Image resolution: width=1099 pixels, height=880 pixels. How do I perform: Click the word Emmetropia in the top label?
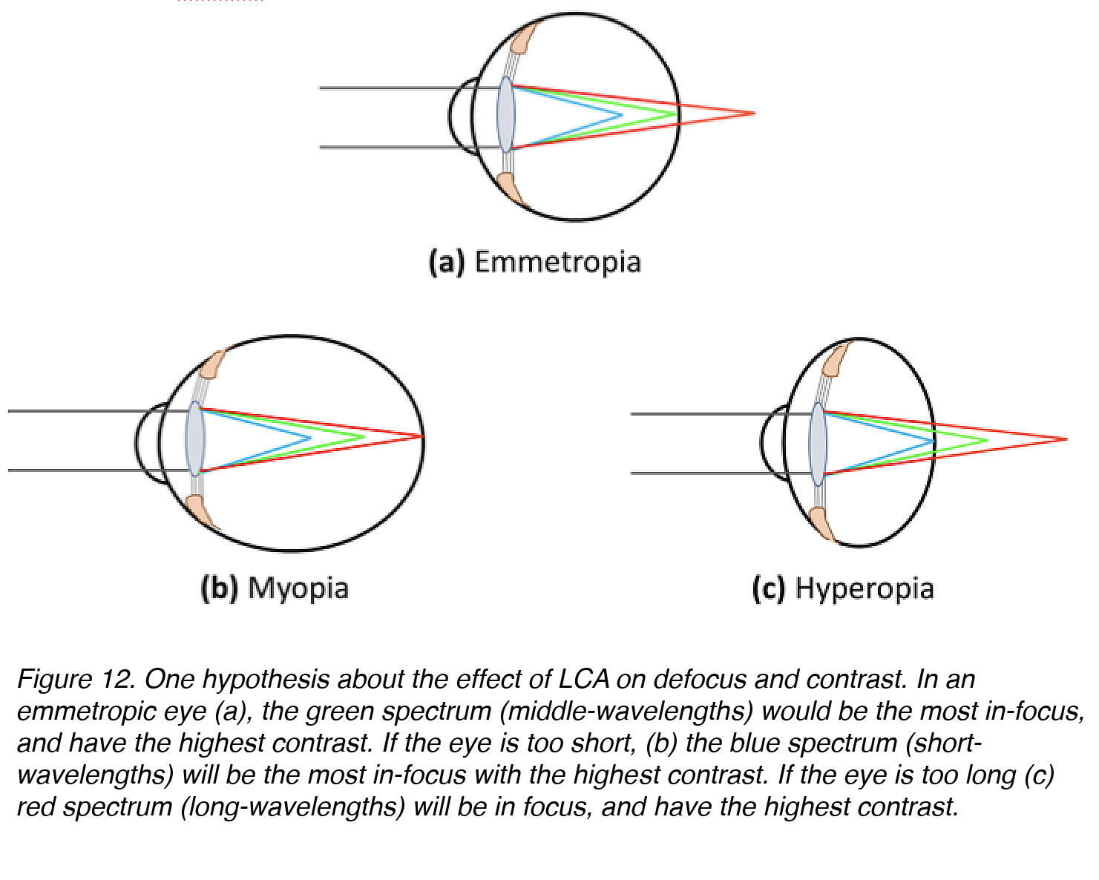558,262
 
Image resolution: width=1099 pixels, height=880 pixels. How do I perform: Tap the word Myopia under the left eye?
298,589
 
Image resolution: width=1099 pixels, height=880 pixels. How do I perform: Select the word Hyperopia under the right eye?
865,589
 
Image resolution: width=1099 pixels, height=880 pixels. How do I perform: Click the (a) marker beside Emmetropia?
447,263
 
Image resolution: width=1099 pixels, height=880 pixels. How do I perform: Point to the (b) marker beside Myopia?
220,589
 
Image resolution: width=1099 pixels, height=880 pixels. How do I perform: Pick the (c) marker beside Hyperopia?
769,589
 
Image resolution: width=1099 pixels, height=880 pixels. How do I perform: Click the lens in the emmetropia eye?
506,114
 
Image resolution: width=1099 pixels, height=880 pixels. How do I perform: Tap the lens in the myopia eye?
195,439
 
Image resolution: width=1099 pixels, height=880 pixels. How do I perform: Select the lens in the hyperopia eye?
818,444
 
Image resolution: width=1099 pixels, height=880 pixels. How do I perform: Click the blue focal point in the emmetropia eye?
622,115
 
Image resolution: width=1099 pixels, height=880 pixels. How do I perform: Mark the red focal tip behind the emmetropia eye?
754,114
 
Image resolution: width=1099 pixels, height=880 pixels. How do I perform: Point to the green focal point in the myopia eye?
364,437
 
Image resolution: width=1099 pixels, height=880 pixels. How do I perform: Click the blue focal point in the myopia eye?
310,439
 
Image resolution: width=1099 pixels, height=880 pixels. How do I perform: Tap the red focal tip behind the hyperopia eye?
1066,439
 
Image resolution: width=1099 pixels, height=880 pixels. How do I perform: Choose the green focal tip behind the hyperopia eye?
987,440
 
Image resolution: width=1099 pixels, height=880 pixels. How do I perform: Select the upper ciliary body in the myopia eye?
212,363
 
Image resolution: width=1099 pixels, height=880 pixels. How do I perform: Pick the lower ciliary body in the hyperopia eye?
822,524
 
